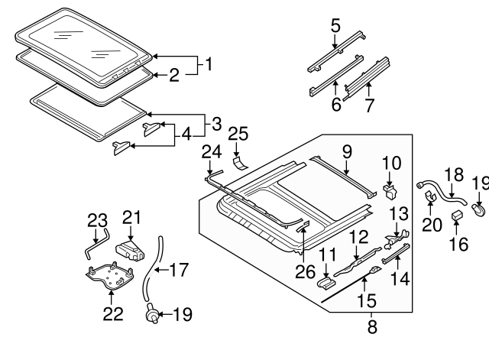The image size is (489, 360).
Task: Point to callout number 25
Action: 238,134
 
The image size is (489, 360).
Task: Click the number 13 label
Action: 399,213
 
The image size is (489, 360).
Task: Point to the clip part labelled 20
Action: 430,199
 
